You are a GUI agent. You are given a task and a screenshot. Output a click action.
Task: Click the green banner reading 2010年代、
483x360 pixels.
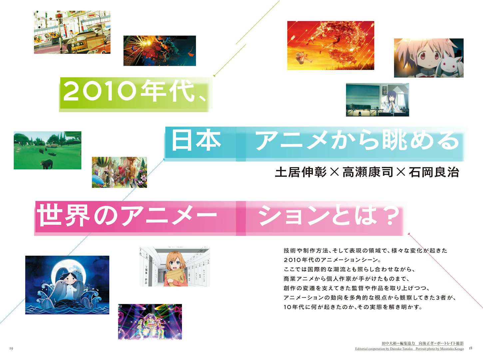click(x=136, y=94)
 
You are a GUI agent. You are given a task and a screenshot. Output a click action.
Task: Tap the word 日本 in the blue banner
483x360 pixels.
click(x=196, y=140)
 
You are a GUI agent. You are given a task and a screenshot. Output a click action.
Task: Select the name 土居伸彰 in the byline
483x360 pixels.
click(x=301, y=172)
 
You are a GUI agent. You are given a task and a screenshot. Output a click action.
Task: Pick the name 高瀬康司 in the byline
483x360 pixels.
click(x=368, y=172)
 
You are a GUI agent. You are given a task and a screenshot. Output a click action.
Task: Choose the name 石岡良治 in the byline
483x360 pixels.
click(x=434, y=172)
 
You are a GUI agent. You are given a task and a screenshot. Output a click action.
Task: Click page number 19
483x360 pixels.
click(x=11, y=348)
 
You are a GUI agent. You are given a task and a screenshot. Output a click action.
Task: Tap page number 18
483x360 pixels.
click(x=470, y=348)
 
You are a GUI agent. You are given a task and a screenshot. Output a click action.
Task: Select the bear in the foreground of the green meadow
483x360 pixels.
click(x=47, y=164)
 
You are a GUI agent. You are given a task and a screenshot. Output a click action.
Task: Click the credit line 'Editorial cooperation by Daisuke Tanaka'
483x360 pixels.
click(x=384, y=349)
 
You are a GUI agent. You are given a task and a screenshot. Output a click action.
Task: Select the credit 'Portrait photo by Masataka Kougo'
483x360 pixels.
click(x=440, y=349)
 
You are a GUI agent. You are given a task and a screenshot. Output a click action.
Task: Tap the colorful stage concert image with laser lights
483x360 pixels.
click(x=150, y=322)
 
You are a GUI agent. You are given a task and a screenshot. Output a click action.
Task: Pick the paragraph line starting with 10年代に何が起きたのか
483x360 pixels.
click(x=353, y=307)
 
